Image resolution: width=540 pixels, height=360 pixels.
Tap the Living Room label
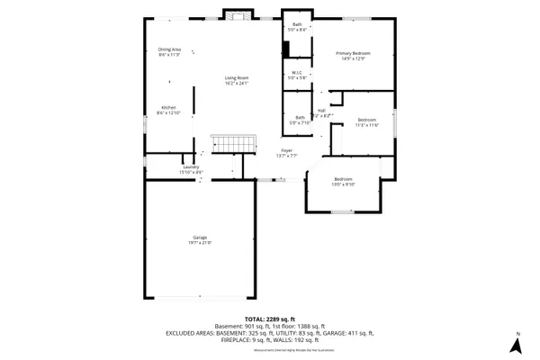tap(237, 77)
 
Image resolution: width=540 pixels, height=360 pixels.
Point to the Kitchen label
tap(169, 106)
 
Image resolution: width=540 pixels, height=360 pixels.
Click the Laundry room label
tap(190, 166)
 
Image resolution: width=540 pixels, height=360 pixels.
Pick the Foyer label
tap(287, 150)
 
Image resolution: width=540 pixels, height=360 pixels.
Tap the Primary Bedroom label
tap(354, 53)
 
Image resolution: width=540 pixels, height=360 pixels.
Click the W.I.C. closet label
tap(296, 74)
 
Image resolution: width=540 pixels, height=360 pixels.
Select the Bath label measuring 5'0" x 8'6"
tap(297, 24)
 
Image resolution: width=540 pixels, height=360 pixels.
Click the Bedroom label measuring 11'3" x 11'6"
tap(367, 120)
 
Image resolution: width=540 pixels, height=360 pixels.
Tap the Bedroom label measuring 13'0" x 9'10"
tap(344, 179)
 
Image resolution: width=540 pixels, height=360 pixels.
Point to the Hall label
tap(321, 111)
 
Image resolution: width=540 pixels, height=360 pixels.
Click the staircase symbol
tap(228, 144)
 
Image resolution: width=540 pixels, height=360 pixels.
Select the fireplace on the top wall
tap(236, 16)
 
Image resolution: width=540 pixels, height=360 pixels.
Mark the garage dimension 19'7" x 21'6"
tap(199, 242)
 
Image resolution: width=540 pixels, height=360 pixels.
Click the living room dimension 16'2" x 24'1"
tap(237, 83)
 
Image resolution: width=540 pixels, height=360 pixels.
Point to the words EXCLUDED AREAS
tap(191, 332)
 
